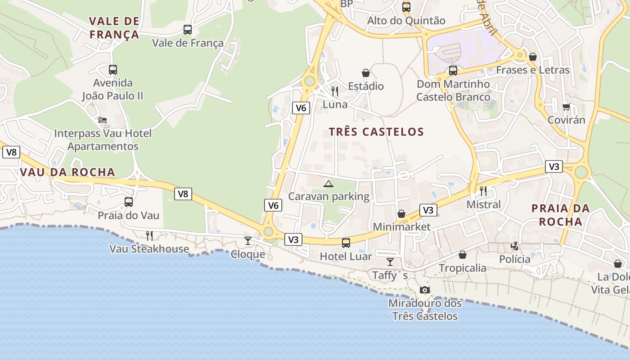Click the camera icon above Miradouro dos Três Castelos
[x=424, y=290]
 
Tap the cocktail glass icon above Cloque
[x=247, y=240]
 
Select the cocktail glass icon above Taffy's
[x=390, y=261]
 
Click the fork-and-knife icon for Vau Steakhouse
[x=149, y=235]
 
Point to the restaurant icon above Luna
[x=334, y=91]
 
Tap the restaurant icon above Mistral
[x=483, y=191]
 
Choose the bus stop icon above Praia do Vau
[x=129, y=202]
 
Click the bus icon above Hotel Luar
[x=346, y=243]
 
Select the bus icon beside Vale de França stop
[x=188, y=30]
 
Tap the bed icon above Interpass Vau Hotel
[x=103, y=120]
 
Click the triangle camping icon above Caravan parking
[x=328, y=184]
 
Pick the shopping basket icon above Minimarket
[x=401, y=214]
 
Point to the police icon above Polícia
[x=515, y=246]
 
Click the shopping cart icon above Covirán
[x=566, y=107]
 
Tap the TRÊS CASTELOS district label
[x=376, y=132]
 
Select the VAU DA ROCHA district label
[x=67, y=172]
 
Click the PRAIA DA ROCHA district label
[x=560, y=215]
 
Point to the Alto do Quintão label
[x=406, y=21]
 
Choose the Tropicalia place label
[x=463, y=268]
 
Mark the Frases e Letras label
[x=533, y=70]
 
